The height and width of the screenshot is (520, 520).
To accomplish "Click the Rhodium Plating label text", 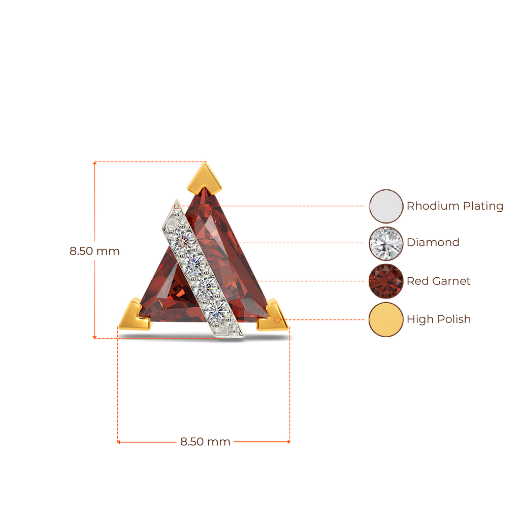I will [454, 206].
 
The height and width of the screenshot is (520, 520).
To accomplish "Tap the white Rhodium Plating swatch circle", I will [386, 206].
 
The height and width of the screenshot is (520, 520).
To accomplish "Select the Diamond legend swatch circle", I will [386, 243].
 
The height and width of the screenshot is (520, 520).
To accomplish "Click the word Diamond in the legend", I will [433, 243].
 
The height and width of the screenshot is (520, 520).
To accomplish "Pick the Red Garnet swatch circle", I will [386, 281].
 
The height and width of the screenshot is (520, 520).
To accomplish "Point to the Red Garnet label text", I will [438, 281].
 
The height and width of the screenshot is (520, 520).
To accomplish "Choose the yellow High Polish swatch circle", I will [386, 319].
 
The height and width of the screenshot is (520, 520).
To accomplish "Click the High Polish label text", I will [438, 319].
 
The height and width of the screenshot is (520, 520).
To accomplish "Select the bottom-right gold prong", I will [273, 316].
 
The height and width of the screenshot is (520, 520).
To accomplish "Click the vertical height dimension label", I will [94, 251].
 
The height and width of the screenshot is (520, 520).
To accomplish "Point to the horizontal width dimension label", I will [205, 442].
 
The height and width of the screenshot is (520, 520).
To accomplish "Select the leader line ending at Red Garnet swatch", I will [315, 281].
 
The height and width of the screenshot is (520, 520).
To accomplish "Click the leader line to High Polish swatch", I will [325, 319].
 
